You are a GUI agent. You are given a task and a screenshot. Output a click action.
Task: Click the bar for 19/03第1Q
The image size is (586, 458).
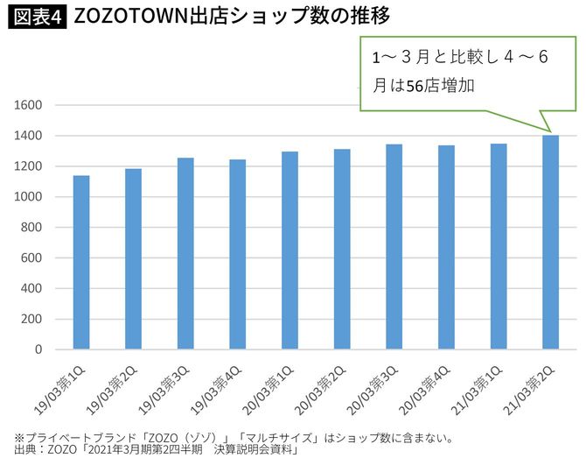pyautogui.click(x=81, y=263)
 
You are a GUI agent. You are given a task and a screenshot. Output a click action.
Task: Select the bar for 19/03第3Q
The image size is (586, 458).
pyautogui.click(x=185, y=254)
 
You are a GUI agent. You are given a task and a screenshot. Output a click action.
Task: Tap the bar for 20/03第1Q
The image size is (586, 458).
pyautogui.click(x=290, y=250)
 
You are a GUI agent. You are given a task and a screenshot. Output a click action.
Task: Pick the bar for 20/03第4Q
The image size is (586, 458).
pyautogui.click(x=446, y=248)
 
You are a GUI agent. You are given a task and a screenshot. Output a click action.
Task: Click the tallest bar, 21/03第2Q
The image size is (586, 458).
pyautogui.click(x=550, y=243)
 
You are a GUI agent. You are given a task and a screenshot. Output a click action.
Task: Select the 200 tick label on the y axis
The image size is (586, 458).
pyautogui.click(x=32, y=319)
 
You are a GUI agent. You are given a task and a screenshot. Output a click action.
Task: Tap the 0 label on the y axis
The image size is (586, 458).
pyautogui.click(x=38, y=349)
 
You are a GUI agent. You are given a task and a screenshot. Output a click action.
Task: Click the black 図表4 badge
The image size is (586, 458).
pyautogui.click(x=38, y=17)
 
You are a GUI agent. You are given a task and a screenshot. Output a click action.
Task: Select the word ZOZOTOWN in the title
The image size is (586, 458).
pyautogui.click(x=129, y=17)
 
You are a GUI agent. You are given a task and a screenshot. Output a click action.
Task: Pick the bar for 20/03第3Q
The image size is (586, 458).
pyautogui.click(x=394, y=247)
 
